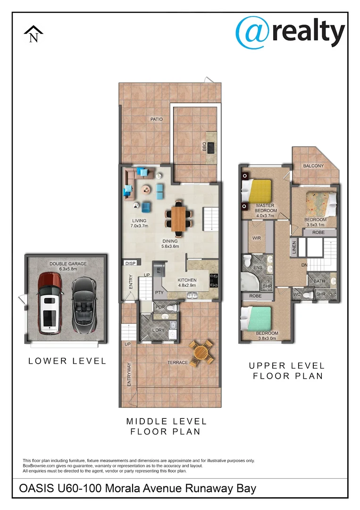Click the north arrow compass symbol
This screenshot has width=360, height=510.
33,34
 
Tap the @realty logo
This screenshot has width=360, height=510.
290,31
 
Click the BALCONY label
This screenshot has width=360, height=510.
313,166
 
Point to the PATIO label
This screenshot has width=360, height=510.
157,119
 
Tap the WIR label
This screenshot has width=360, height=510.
257,238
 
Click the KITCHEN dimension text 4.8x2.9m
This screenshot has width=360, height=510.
187,286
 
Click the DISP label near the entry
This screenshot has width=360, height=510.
129,263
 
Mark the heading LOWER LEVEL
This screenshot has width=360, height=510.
67,361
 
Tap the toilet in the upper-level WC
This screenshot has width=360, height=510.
308,295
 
